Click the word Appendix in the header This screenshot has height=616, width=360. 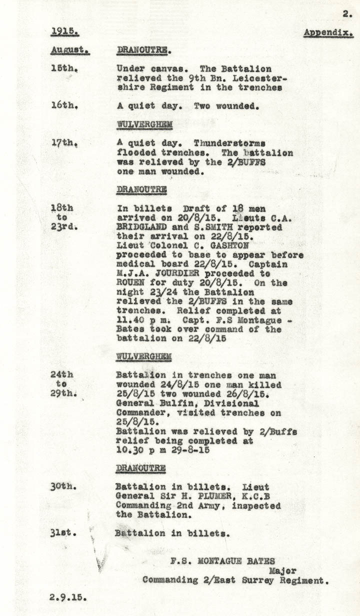click(x=328, y=33)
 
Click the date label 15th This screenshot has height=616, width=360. click(x=63, y=69)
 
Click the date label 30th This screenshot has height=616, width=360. click(x=63, y=486)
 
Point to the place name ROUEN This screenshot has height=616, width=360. click(x=130, y=283)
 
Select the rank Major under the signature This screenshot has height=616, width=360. click(x=283, y=570)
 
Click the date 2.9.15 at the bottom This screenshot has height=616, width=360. click(x=69, y=596)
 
